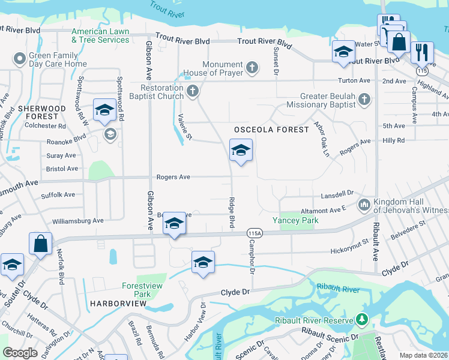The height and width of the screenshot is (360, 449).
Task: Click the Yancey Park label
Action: pyautogui.click(x=295, y=221)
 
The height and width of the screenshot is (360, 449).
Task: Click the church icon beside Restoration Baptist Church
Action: pyautogui.click(x=192, y=92)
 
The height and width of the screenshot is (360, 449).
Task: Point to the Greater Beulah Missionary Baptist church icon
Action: pyautogui.click(x=363, y=99)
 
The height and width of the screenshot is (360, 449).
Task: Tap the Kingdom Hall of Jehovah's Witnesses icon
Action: pyautogui.click(x=364, y=206)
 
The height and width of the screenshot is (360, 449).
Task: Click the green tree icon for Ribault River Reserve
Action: pyautogui.click(x=361, y=318)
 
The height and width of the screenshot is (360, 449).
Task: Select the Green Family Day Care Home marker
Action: pyautogui.click(x=18, y=59)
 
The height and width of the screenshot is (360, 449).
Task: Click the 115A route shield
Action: pyautogui.click(x=253, y=233)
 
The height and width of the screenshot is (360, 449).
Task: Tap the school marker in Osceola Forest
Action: pyautogui.click(x=241, y=151)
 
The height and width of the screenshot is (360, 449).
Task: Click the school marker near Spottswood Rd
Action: pyautogui.click(x=104, y=110)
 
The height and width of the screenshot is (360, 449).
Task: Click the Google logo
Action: pyautogui.click(x=20, y=353)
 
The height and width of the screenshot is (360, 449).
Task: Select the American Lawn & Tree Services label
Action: pyautogui.click(x=100, y=35)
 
